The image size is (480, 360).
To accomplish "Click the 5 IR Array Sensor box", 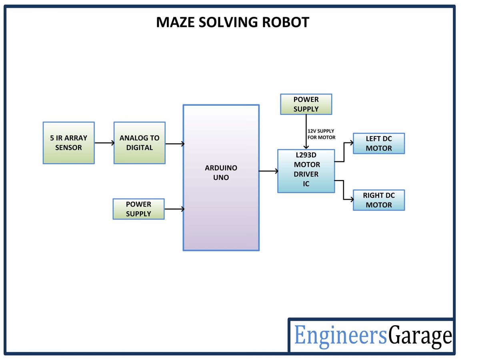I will [68, 143].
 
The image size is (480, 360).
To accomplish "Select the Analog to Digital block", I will [139, 143].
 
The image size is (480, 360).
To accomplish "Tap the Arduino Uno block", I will [221, 177].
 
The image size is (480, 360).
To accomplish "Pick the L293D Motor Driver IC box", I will [306, 171].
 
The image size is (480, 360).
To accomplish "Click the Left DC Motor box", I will [378, 144].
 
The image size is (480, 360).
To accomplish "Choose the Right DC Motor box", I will [378, 200].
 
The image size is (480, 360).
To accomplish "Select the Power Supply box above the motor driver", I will [306, 104].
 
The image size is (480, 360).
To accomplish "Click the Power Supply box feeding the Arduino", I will [138, 209].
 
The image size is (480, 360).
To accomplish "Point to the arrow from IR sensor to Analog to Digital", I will [104, 143].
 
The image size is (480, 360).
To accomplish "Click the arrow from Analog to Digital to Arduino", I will [174, 144].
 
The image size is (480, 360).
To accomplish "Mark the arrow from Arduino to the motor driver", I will [268, 171].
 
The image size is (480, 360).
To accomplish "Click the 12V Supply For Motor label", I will [321, 134].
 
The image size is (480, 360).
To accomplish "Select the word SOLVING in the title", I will [228, 22].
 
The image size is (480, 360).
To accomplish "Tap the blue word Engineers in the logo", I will [340, 335].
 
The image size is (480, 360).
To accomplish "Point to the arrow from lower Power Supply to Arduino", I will [174, 209].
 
